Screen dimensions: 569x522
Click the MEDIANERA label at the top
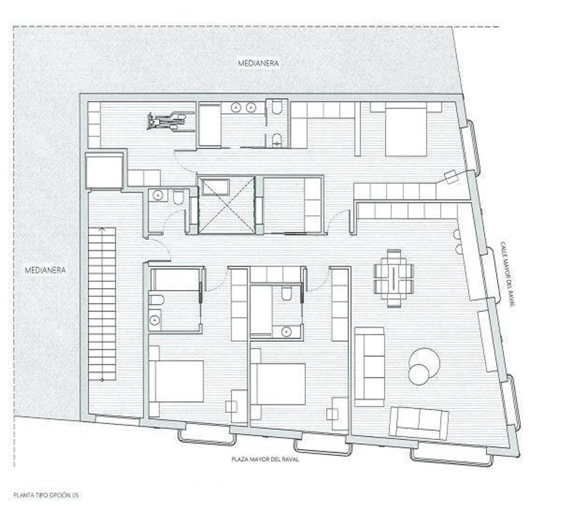(x=258, y=63)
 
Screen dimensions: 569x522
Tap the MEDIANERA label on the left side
(x=45, y=270)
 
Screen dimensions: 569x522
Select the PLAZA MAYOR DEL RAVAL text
(x=265, y=459)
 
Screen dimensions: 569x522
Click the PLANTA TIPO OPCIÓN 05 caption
(x=47, y=495)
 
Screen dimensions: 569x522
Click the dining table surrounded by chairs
(x=394, y=278)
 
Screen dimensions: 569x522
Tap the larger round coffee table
(x=425, y=362)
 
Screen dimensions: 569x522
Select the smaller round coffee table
(x=419, y=374)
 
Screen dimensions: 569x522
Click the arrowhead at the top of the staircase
(x=101, y=229)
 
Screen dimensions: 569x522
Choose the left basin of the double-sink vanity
(x=237, y=108)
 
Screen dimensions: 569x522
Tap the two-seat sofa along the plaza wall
(x=419, y=424)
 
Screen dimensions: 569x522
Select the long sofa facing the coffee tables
(x=369, y=366)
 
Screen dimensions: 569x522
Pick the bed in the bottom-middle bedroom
(x=278, y=384)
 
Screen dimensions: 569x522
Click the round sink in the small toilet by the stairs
(x=158, y=195)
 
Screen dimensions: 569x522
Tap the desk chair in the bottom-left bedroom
(x=231, y=406)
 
